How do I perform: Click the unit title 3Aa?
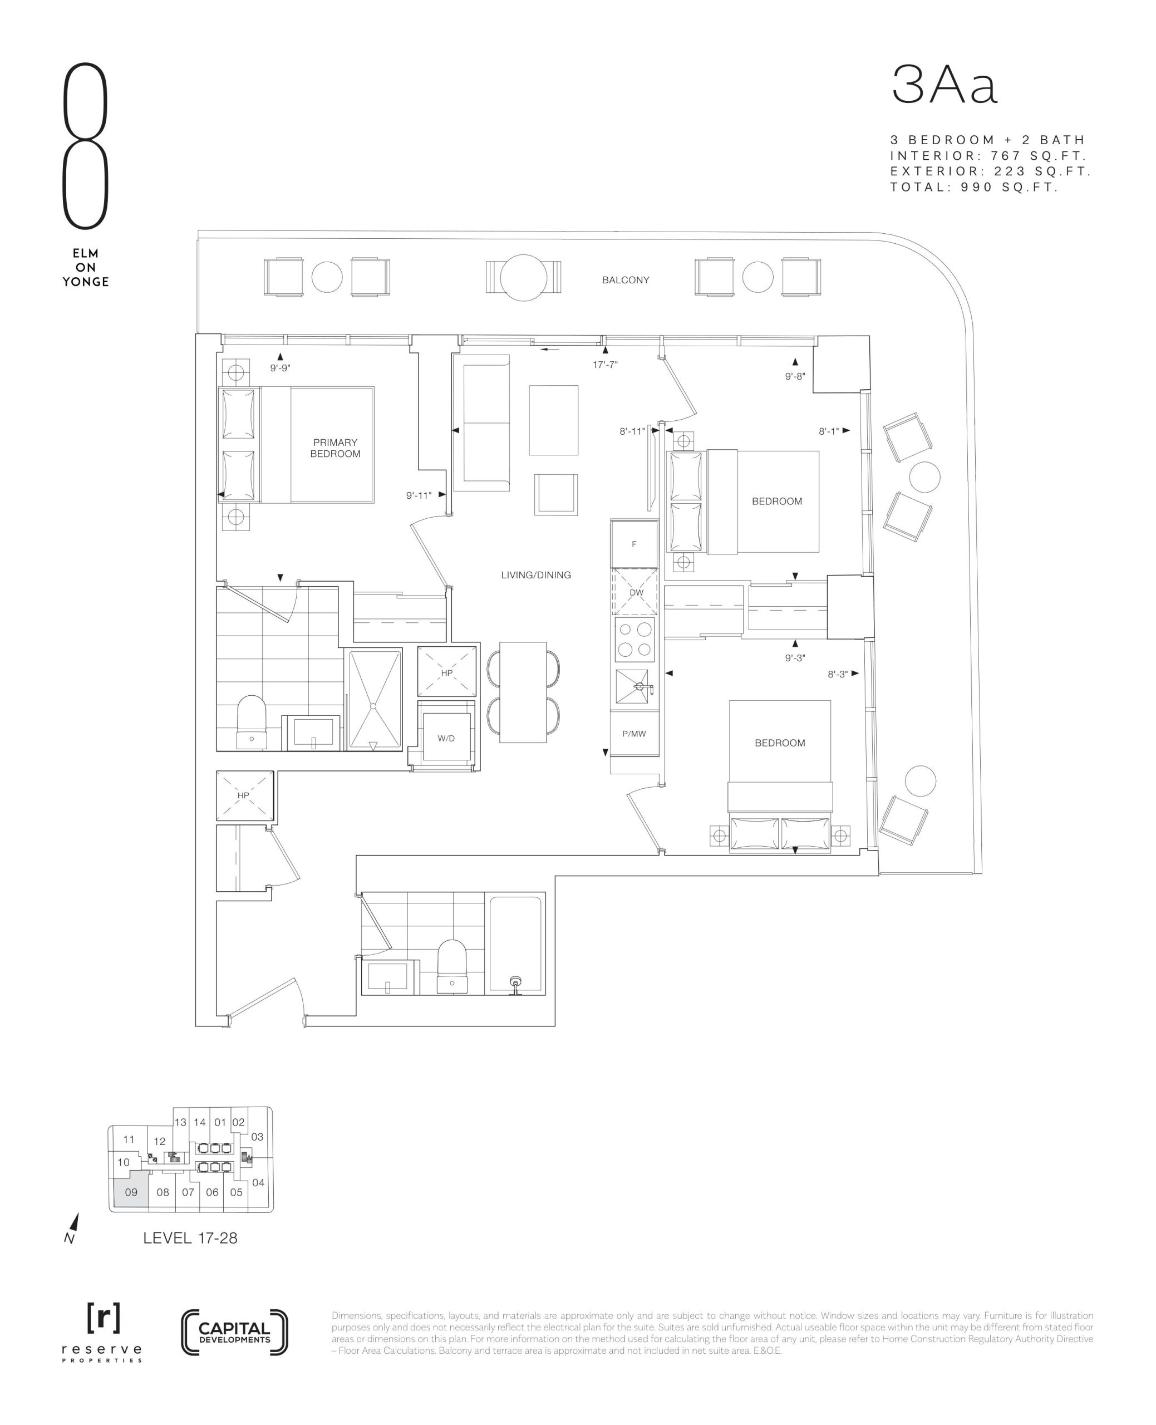click(x=945, y=86)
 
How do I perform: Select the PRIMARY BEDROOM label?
click(x=335, y=448)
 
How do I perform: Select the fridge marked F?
click(x=634, y=544)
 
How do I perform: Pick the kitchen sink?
click(x=633, y=686)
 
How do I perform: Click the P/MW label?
click(x=634, y=734)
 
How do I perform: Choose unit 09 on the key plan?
click(x=130, y=1193)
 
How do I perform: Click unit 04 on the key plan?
click(x=258, y=1183)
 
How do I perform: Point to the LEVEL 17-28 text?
click(x=190, y=1238)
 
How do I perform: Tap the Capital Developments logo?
click(x=234, y=1333)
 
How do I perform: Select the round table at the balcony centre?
click(x=523, y=278)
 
